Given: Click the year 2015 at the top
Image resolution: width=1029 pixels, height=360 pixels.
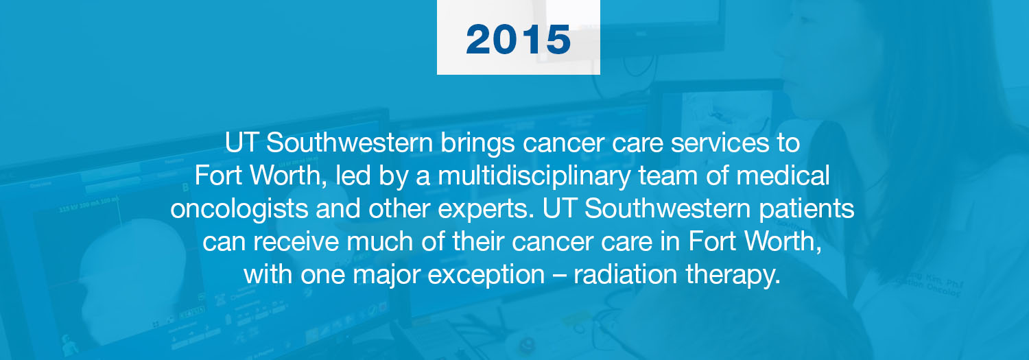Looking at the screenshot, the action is pyautogui.click(x=518, y=39).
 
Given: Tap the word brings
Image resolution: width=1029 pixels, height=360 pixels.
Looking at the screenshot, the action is pyautogui.click(x=477, y=144).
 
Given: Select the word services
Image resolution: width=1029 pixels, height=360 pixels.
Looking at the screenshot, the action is pyautogui.click(x=720, y=143).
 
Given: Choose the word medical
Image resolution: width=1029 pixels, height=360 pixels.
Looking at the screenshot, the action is pyautogui.click(x=783, y=176).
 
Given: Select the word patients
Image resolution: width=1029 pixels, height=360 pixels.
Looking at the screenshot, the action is pyautogui.click(x=806, y=210).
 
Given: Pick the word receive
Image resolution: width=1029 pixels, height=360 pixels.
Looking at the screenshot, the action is pyautogui.click(x=296, y=242).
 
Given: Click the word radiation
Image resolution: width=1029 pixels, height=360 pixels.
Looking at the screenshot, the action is pyautogui.click(x=626, y=275).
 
